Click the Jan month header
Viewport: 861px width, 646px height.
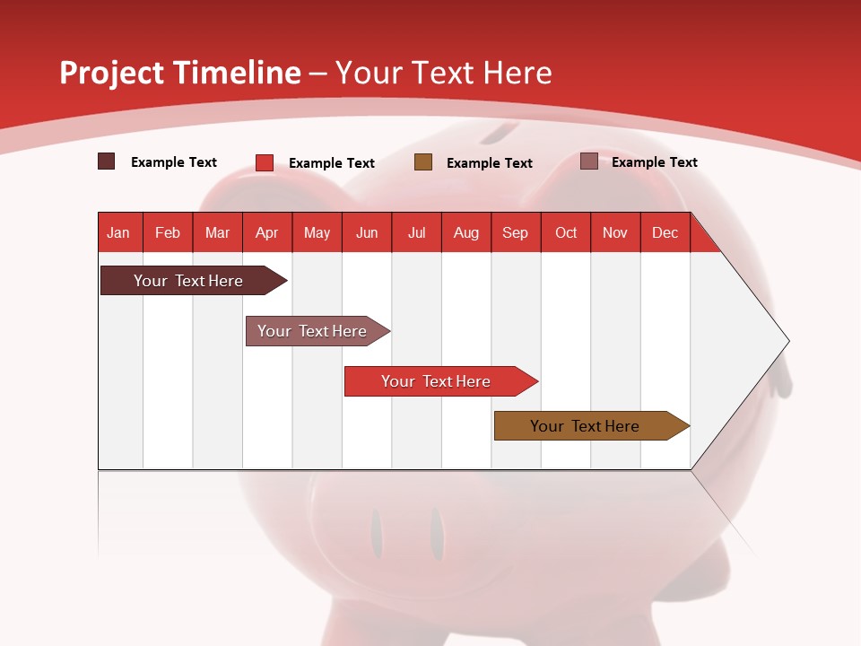pyautogui.click(x=118, y=232)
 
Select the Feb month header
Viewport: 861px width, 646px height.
pyautogui.click(x=168, y=232)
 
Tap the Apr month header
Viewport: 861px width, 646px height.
pyautogui.click(x=266, y=232)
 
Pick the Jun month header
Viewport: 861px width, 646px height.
pyautogui.click(x=367, y=232)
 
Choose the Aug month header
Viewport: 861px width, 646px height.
pyautogui.click(x=465, y=232)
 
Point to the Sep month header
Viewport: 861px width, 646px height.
pyautogui.click(x=515, y=232)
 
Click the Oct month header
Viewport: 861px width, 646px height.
pyautogui.click(x=566, y=232)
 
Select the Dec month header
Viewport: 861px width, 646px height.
pyautogui.click(x=665, y=232)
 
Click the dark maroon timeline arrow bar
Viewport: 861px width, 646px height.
pyautogui.click(x=188, y=281)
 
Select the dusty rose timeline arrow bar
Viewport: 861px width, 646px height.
pyautogui.click(x=312, y=331)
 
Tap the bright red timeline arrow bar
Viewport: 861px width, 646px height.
pyautogui.click(x=436, y=381)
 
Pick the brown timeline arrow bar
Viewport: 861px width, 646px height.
pyautogui.click(x=585, y=426)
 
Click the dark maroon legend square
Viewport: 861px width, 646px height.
pyautogui.click(x=107, y=161)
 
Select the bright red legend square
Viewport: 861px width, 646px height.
pyautogui.click(x=265, y=162)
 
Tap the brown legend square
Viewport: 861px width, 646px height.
pyautogui.click(x=423, y=161)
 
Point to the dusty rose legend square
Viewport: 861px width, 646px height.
pyautogui.click(x=589, y=161)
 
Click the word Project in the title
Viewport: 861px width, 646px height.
pyautogui.click(x=110, y=73)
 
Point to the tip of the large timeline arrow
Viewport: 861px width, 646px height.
pyautogui.click(x=787, y=341)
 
